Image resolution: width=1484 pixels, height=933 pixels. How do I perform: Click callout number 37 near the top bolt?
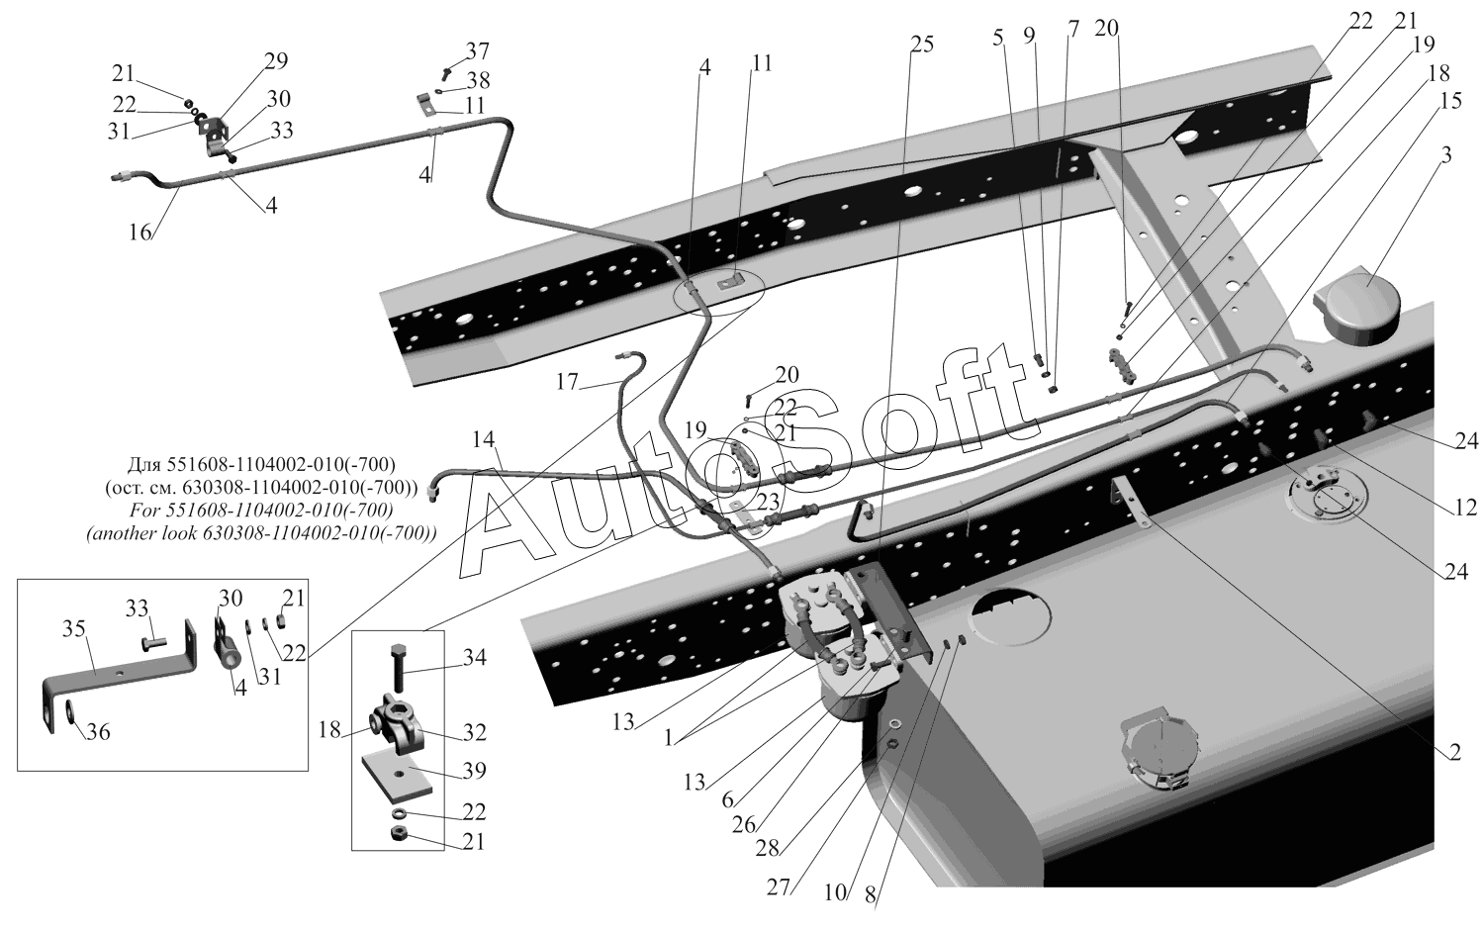click(477, 51)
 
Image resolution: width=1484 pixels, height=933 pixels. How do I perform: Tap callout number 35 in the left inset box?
click(75, 628)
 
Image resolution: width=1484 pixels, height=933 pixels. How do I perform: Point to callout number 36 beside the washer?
click(98, 731)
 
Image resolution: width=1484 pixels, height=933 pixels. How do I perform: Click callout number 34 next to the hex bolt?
click(474, 657)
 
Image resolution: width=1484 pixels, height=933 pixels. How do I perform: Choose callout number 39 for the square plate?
click(474, 771)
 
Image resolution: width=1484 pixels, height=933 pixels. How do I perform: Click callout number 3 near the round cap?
click(1446, 155)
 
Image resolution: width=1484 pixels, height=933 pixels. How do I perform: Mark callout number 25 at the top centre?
click(921, 45)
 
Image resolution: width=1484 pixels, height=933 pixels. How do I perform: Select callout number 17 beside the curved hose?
click(567, 382)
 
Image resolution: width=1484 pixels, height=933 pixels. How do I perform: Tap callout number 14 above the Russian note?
click(484, 438)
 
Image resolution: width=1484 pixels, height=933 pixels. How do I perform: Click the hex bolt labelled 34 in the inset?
click(398, 668)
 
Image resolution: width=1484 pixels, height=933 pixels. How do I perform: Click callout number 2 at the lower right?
click(1454, 752)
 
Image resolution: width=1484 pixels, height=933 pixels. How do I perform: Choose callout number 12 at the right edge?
click(1466, 507)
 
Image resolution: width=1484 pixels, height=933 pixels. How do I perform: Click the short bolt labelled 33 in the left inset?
click(153, 641)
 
